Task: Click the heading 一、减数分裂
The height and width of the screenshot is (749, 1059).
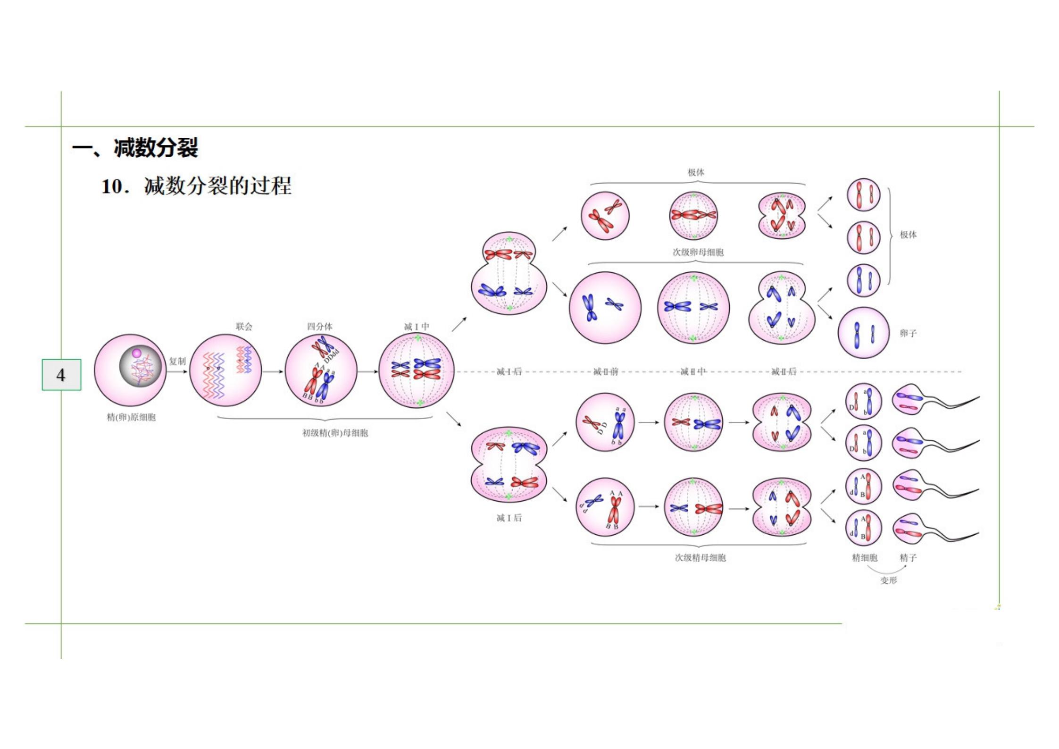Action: [135, 148]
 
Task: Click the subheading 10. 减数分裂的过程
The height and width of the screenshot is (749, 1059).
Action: [196, 186]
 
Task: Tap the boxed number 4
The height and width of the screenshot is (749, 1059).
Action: [61, 375]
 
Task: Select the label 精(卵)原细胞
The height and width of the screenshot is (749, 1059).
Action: [131, 417]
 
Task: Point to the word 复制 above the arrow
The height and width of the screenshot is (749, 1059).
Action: [177, 361]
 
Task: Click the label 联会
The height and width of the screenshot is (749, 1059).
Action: [244, 326]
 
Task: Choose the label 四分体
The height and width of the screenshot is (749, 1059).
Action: [319, 326]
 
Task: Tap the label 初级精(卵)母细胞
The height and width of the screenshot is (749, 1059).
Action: [335, 433]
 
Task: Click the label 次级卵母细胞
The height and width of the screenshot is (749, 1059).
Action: [698, 252]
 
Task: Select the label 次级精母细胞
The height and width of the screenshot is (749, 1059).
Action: [700, 557]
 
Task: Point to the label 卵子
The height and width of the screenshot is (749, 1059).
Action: [908, 333]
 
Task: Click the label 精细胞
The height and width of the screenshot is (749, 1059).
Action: [864, 557]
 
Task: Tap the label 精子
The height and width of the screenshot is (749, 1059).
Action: [908, 557]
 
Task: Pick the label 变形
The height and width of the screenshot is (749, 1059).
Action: [888, 580]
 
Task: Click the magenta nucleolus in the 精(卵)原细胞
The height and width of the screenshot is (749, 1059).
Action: [136, 353]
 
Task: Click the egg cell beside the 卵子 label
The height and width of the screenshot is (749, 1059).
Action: [863, 333]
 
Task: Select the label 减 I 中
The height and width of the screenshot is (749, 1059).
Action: [417, 326]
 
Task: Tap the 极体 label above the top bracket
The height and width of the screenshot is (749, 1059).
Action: [696, 172]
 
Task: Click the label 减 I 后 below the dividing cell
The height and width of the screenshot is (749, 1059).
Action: [509, 518]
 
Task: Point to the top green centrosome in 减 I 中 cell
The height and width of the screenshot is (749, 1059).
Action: [417, 338]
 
